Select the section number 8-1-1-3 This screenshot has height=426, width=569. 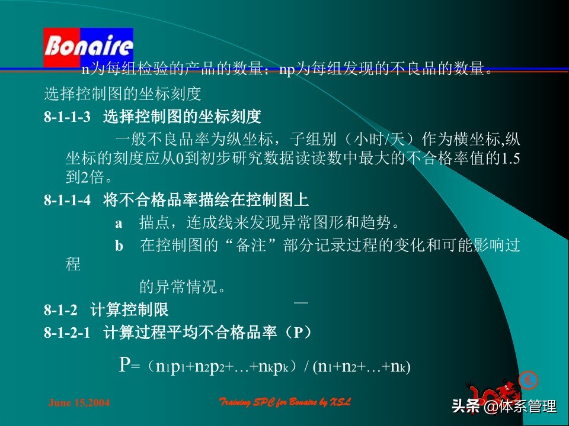pyautogui.click(x=67, y=117)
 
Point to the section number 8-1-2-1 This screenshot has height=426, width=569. pyautogui.click(x=67, y=333)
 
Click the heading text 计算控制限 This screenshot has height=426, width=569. pyautogui.click(x=129, y=309)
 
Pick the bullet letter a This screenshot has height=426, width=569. pyautogui.click(x=119, y=224)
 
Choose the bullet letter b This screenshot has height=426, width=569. pyautogui.click(x=119, y=247)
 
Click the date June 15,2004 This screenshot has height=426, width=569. pyautogui.click(x=78, y=403)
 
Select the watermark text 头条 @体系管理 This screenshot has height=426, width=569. pyautogui.click(x=504, y=407)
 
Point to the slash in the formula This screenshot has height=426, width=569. pyautogui.click(x=306, y=367)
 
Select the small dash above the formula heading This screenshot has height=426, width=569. pyautogui.click(x=301, y=302)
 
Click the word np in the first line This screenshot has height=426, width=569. pyautogui.click(x=286, y=70)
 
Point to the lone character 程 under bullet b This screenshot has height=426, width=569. pyautogui.click(x=73, y=264)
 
